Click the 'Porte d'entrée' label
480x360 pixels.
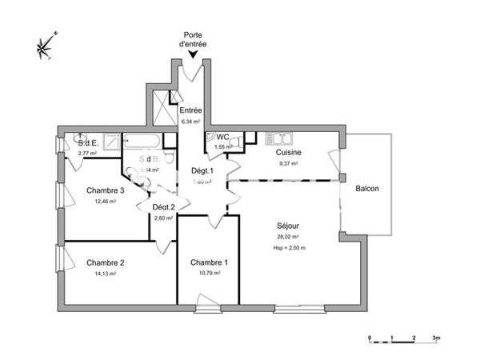193,40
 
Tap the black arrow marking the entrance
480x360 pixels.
193,54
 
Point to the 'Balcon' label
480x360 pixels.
367,189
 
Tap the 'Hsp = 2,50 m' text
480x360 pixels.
289,248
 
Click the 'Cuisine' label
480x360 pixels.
289,152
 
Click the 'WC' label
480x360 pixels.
224,138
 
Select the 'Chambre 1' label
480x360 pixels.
210,262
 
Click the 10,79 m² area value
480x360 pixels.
210,273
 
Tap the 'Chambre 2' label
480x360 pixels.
106,262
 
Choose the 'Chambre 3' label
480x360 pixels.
105,190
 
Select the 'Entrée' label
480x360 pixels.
190,110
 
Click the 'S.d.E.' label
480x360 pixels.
87,143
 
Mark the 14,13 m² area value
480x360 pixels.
106,273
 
